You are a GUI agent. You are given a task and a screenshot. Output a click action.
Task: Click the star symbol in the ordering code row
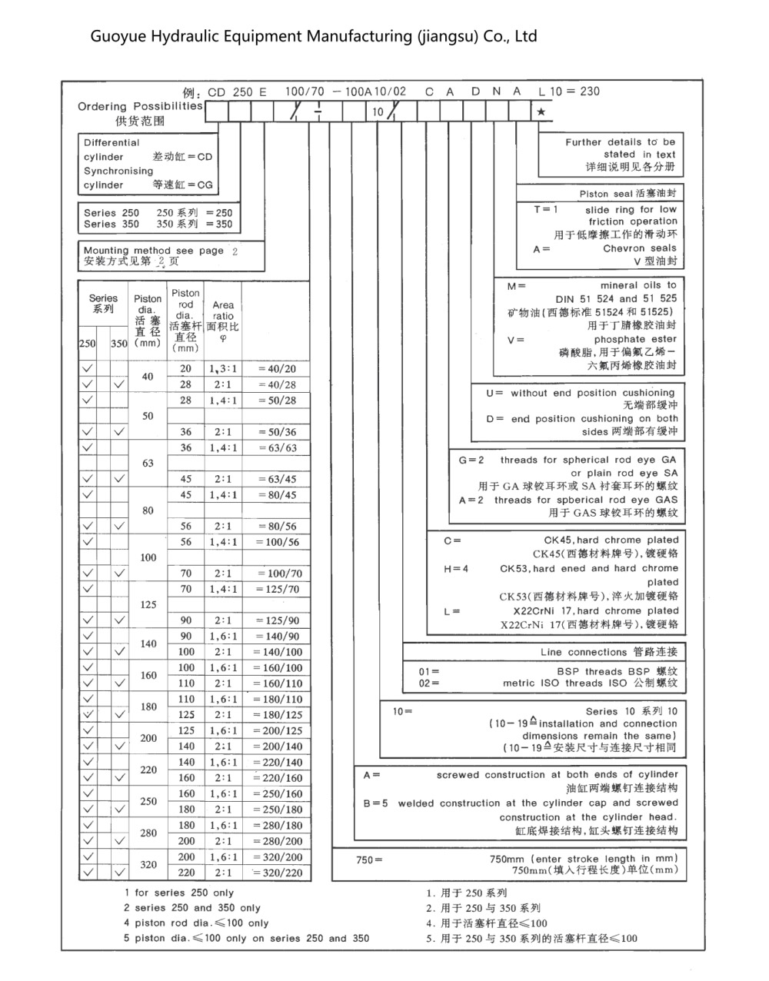pos(541,112)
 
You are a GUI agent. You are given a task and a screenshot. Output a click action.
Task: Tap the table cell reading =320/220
pos(277,873)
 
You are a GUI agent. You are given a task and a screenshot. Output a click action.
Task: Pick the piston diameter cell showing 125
pos(148,604)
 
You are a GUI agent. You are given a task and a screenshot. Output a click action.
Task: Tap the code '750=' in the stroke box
pos(369,860)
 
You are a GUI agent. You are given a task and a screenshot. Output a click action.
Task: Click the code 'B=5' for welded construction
pos(376,803)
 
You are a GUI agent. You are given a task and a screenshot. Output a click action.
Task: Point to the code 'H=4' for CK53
pos(456,569)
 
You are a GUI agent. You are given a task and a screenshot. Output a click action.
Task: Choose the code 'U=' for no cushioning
pos(494,393)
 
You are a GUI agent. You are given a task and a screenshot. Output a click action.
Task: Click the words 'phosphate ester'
pos(635,339)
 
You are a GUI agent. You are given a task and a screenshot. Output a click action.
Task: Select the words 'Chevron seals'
pos(640,248)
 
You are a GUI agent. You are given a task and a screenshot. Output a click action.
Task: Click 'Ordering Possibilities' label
pos(140,106)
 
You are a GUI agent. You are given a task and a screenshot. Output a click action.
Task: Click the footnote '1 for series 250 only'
pos(179,893)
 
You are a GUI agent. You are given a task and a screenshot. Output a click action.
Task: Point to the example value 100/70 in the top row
pos(305,91)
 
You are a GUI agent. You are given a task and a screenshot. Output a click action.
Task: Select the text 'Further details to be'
pos(620,142)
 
